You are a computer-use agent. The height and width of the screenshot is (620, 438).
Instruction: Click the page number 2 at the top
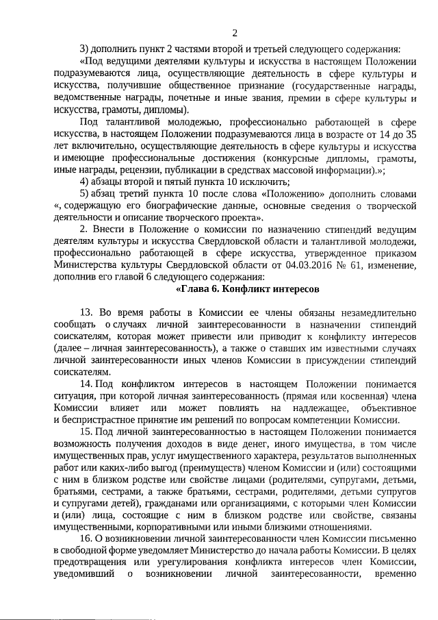235,32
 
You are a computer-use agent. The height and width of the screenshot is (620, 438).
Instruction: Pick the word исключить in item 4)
263,181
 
